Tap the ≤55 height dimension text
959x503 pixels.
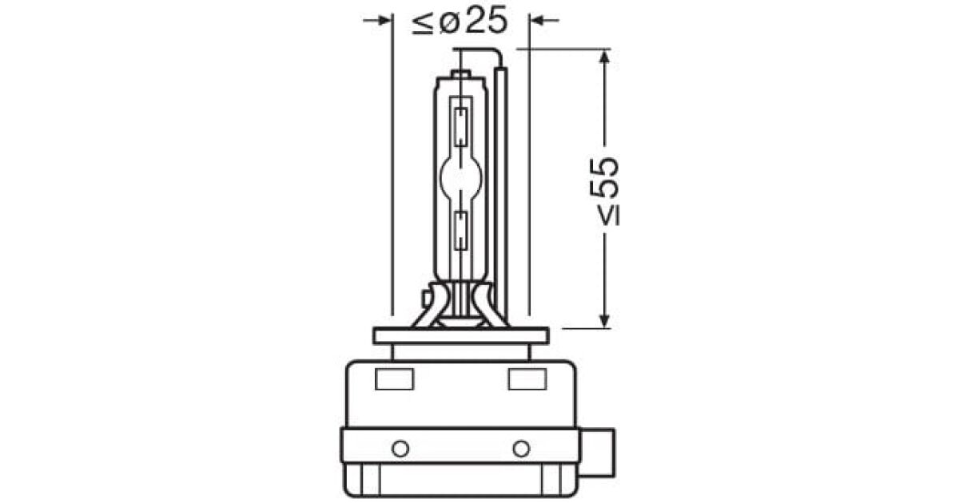(x=605, y=190)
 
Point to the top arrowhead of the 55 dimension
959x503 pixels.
(x=605, y=57)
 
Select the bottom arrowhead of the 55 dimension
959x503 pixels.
(x=605, y=319)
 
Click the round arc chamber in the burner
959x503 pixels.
(x=460, y=171)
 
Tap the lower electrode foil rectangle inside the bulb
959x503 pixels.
(x=460, y=230)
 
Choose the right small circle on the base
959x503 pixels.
(x=521, y=446)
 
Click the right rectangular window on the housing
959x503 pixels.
(x=526, y=381)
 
